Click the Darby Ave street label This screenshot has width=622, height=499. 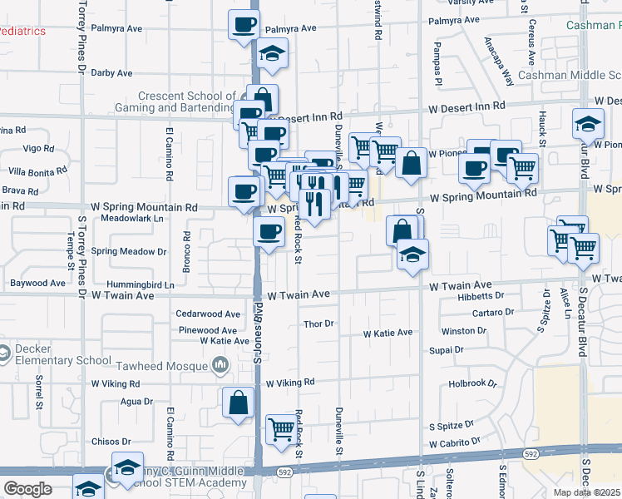click(x=111, y=73)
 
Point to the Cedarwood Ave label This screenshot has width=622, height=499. click(x=209, y=314)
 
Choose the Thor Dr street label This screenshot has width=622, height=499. click(x=318, y=324)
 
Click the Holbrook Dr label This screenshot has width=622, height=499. click(x=472, y=384)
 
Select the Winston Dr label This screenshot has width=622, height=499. click(x=464, y=331)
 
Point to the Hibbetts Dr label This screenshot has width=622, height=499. click(x=481, y=296)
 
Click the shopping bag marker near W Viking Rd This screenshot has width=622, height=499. click(x=239, y=403)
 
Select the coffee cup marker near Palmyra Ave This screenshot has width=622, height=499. click(x=243, y=25)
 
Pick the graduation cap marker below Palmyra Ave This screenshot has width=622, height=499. click(x=271, y=55)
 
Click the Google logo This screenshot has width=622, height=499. click(x=27, y=488)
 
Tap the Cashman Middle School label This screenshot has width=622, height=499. click(x=569, y=75)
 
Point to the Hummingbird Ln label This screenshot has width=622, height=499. click(x=146, y=284)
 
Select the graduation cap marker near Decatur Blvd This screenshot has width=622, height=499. click(x=588, y=125)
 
